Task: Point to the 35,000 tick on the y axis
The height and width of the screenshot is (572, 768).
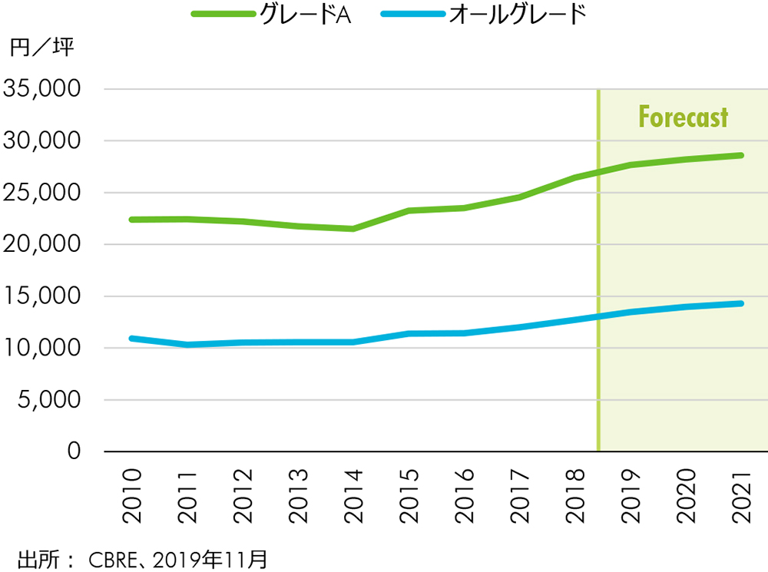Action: click(x=42, y=89)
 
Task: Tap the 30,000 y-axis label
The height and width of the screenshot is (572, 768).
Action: click(x=42, y=141)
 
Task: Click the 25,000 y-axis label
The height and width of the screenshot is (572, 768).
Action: click(x=42, y=193)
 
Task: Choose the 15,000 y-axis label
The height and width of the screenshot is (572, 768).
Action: click(x=42, y=296)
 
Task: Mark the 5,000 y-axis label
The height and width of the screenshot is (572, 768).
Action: click(x=48, y=400)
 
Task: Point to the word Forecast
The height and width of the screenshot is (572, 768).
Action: click(x=683, y=117)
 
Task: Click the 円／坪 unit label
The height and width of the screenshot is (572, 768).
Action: click(x=41, y=48)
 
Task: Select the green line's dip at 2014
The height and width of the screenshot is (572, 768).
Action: click(x=353, y=229)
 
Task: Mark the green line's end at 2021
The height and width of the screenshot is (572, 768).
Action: click(x=741, y=155)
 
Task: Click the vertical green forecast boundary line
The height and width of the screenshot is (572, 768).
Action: click(x=598, y=269)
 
